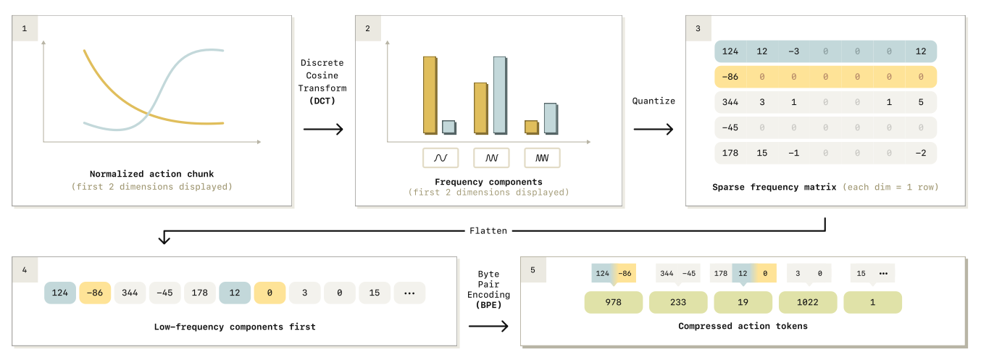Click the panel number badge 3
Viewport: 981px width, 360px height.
click(x=698, y=29)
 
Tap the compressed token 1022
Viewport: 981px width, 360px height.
click(x=807, y=303)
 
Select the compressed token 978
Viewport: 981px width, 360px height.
click(x=613, y=303)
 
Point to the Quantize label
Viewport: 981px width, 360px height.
click(x=654, y=101)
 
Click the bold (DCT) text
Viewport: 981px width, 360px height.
click(x=323, y=100)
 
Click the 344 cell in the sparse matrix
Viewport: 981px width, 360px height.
click(x=730, y=102)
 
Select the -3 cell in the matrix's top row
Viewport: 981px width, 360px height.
click(x=794, y=51)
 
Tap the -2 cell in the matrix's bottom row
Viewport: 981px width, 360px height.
click(x=921, y=153)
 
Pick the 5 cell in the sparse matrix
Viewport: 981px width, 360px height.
click(x=921, y=102)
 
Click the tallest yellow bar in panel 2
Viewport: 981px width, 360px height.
click(x=430, y=95)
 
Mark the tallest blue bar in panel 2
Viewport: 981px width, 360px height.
click(x=499, y=95)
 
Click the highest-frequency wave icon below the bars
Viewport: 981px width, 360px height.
click(x=542, y=157)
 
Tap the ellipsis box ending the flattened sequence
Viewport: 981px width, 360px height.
click(x=409, y=293)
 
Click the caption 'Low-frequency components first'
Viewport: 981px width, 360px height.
click(x=235, y=327)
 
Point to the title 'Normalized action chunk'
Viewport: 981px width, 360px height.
click(x=152, y=174)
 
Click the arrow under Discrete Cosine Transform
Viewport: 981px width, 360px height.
click(x=323, y=130)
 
